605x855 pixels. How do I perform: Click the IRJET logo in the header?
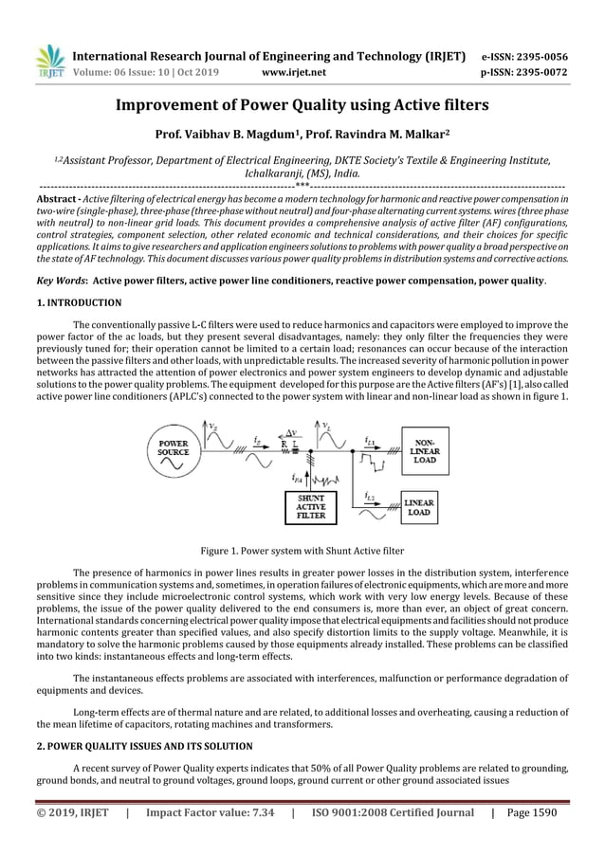point(48,60)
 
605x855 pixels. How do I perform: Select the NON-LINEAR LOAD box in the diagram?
point(425,450)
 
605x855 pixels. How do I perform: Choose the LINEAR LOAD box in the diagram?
point(420,506)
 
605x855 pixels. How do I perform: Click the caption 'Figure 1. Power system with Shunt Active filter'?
point(302,550)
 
